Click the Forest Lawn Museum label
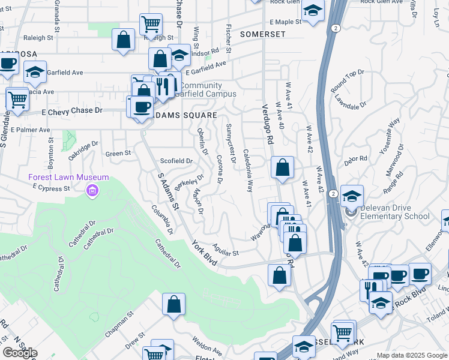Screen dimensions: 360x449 pyautogui.click(x=68, y=177)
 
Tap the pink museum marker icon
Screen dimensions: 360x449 pyautogui.click(x=92, y=191)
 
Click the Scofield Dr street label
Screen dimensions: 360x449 pyautogui.click(x=176, y=161)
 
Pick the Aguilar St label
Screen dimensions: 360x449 pyautogui.click(x=226, y=250)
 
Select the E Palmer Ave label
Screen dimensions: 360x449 pyautogui.click(x=29, y=130)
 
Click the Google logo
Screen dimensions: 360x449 pyautogui.click(x=20, y=353)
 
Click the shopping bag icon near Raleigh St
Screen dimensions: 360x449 pyautogui.click(x=124, y=40)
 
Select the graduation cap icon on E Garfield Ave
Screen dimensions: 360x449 pyautogui.click(x=35, y=72)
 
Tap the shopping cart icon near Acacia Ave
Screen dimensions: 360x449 pyautogui.click(x=17, y=98)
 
